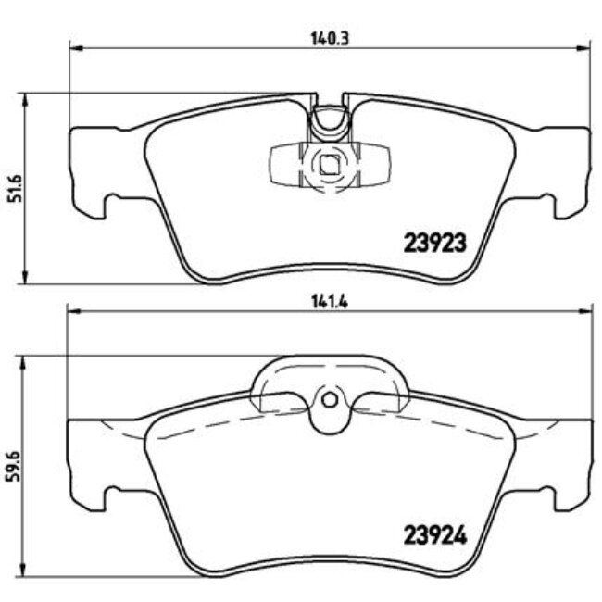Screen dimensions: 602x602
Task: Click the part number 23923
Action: [433, 244]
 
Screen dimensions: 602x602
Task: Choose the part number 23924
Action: [433, 535]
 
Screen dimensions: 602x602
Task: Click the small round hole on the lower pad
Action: [327, 399]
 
